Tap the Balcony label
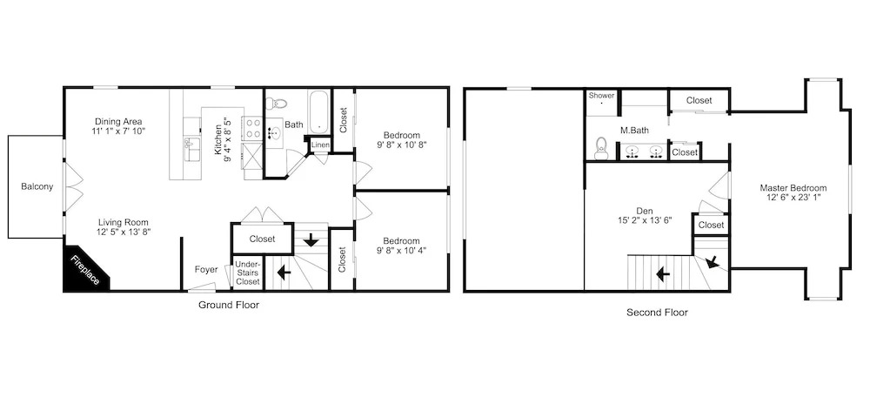37,186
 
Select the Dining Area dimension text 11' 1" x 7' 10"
118,131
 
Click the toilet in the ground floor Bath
276,104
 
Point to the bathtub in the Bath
318,112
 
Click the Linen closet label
321,145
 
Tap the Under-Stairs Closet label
247,273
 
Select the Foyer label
206,270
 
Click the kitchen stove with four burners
253,129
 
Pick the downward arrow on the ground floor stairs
311,239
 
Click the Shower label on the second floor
601,96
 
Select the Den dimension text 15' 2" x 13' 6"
644,219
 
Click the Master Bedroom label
793,187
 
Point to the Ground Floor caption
229,305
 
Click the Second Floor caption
657,313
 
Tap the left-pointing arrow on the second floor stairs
662,273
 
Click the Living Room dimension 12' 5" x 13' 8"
124,232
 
